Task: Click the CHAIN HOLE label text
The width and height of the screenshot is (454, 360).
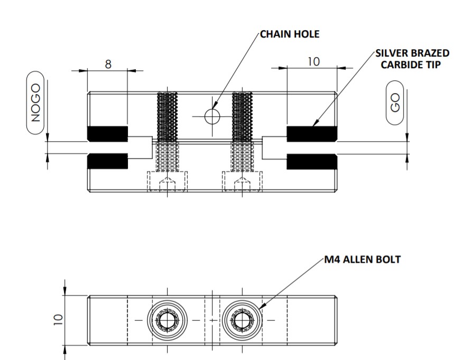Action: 290,35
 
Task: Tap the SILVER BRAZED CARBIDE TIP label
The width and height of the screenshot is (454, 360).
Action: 413,59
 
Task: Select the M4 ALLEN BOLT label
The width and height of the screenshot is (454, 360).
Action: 363,260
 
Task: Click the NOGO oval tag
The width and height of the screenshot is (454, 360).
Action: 36,104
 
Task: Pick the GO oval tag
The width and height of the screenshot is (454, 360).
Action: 396,103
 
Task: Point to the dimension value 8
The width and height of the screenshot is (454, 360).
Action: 108,64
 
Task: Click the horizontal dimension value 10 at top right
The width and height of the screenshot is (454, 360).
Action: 313,61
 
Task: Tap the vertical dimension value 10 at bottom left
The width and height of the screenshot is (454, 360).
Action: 59,319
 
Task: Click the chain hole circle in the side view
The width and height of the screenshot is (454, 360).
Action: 212,116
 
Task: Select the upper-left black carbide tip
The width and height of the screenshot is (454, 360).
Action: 108,134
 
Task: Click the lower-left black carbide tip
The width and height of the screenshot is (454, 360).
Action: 108,161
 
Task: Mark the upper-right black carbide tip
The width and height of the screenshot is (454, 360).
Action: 312,134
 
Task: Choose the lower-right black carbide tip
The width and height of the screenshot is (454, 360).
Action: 312,161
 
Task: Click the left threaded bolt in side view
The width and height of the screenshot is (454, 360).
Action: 168,132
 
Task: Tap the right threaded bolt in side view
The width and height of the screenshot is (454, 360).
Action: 242,132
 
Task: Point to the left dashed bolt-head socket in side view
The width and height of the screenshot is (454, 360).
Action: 168,182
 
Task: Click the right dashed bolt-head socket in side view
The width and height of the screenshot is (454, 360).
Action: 242,182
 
